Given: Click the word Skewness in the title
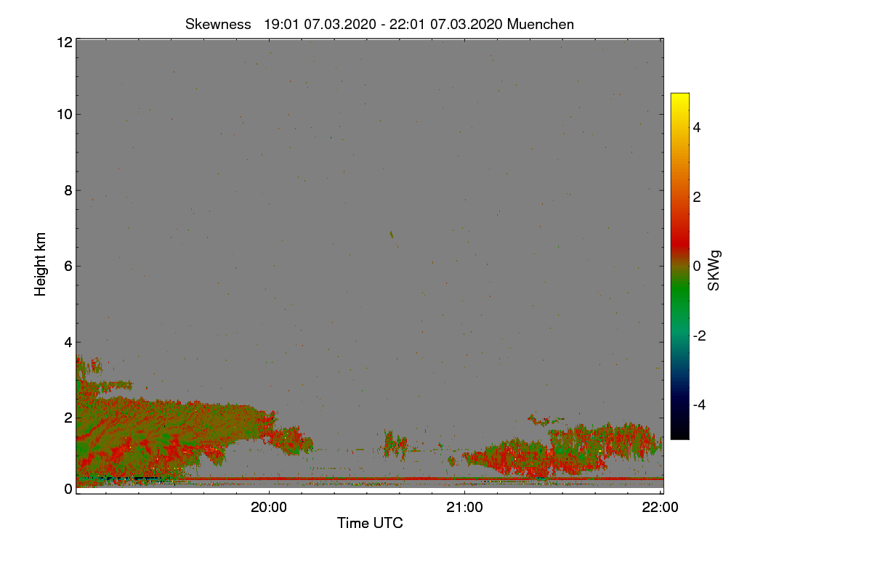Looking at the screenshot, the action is [x=218, y=25].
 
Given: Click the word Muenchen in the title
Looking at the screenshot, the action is [x=541, y=25].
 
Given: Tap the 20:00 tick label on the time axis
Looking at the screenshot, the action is [x=269, y=508].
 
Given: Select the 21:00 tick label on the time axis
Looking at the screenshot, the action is [x=464, y=508].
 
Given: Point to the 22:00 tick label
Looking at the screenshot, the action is [x=661, y=508].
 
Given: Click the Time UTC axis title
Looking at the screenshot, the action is [x=370, y=523].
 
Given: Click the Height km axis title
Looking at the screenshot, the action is [x=40, y=264].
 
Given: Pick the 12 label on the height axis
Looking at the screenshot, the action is [x=65, y=42].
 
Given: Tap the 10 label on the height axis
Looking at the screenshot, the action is [x=65, y=115].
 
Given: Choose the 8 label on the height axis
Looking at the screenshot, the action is [x=68, y=191].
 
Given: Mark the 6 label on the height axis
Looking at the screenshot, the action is [x=68, y=267].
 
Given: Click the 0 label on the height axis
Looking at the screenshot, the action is [x=68, y=489].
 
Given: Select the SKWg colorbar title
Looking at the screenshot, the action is [x=714, y=271].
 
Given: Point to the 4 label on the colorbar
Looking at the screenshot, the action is [x=697, y=128].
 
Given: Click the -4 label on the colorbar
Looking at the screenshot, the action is [x=700, y=405].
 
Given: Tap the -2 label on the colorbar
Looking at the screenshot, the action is [x=700, y=336].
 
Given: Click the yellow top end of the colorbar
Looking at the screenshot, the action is [x=679, y=94].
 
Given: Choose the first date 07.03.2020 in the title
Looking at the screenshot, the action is [x=340, y=25].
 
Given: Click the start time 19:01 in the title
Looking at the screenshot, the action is [x=281, y=25].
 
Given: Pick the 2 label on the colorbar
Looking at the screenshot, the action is [x=697, y=198].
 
